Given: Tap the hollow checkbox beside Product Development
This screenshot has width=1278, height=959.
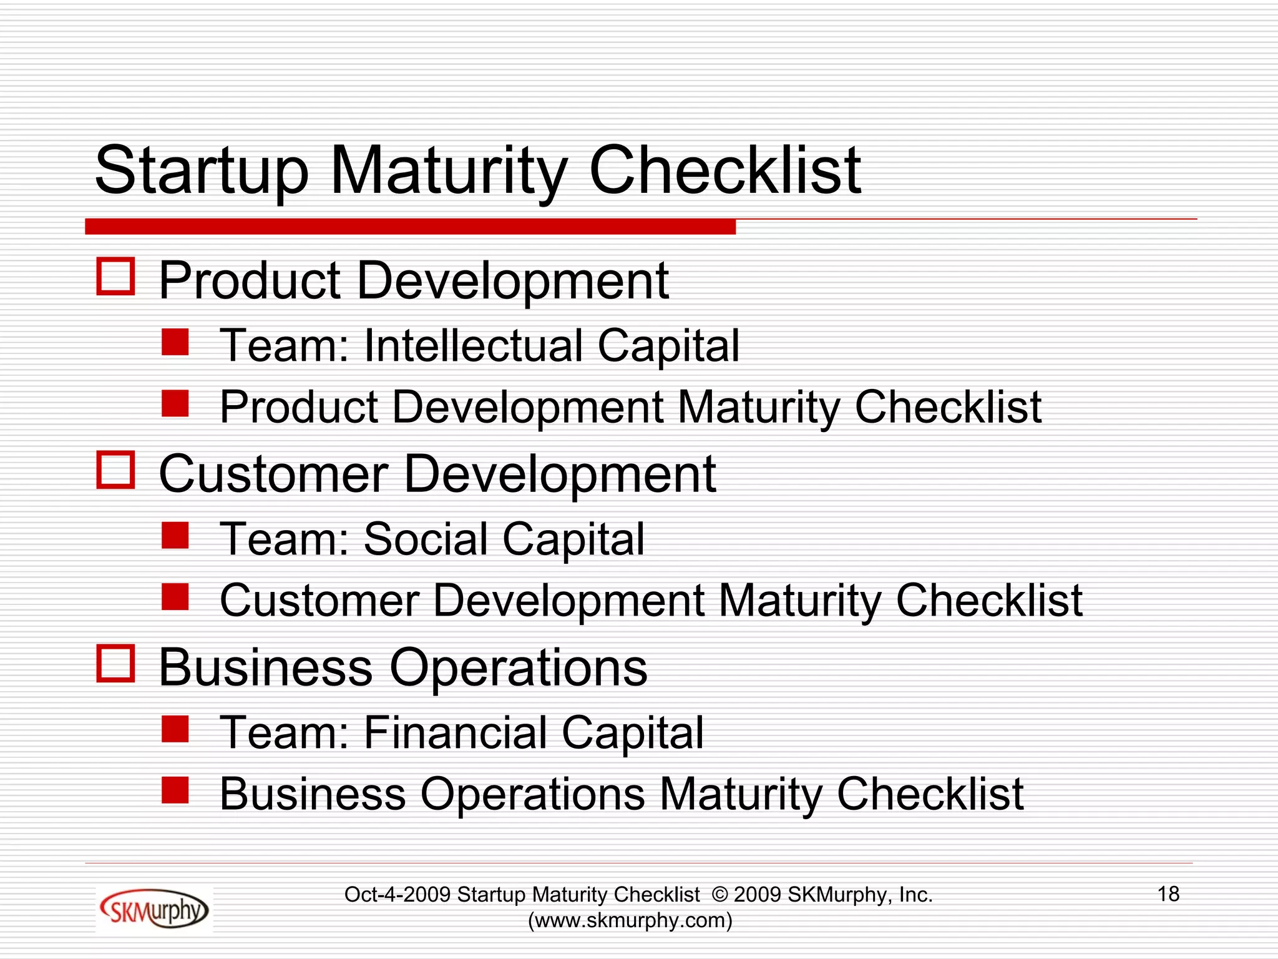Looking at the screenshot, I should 116,276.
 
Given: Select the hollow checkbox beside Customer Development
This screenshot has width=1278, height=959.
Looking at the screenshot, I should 116,470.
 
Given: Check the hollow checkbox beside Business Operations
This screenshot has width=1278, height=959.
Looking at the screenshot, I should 116,663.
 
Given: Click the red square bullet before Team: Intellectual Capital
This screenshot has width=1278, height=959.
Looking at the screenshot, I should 175,342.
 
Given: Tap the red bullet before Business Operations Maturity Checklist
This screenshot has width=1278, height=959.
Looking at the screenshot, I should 175,790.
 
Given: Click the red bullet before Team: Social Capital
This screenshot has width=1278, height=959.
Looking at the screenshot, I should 175,536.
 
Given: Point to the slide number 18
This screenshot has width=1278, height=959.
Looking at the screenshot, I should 1168,894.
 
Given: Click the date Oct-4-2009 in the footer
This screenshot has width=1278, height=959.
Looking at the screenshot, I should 397,895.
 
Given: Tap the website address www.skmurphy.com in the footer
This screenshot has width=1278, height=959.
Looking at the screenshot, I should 630,920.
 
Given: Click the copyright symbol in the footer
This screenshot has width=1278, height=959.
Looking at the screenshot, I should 719,895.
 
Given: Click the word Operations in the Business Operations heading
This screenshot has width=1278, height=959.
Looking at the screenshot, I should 519,667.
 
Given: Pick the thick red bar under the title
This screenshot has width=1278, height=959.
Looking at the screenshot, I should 410,227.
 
